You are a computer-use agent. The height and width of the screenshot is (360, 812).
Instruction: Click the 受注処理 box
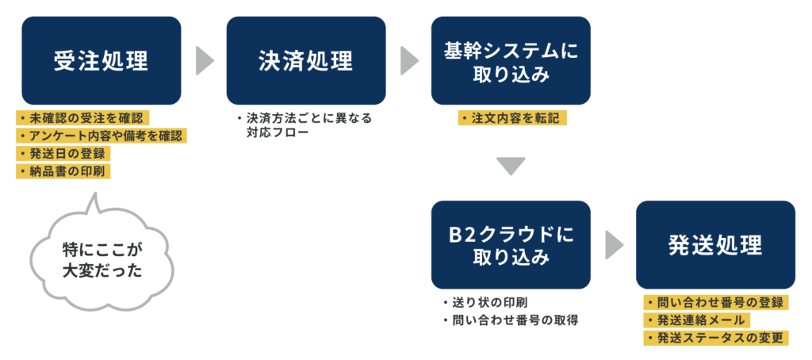tap(101, 60)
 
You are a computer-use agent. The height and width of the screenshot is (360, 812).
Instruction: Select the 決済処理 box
tap(306, 60)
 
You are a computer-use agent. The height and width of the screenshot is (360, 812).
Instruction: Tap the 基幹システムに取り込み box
tap(511, 60)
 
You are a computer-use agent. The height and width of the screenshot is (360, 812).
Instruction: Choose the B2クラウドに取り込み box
tap(511, 245)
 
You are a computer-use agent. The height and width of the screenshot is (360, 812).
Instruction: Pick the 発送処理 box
tap(715, 245)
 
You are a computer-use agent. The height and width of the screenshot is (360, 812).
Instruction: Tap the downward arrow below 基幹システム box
tap(511, 166)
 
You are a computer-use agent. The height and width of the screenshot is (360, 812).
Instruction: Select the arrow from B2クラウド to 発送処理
tap(614, 245)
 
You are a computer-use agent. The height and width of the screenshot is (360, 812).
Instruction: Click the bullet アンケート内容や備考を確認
tap(101, 136)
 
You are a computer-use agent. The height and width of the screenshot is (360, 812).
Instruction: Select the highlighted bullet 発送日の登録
tap(63, 154)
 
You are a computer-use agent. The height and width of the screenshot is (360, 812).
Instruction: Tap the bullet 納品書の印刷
tap(63, 171)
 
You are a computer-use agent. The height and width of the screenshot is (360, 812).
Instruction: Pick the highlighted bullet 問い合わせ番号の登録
tap(715, 303)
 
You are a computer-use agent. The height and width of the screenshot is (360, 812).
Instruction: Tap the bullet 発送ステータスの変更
tap(715, 338)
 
